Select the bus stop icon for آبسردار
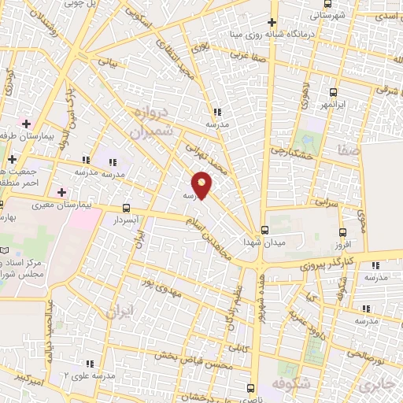126,209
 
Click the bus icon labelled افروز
342,232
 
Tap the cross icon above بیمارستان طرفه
27,124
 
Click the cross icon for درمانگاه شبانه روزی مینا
272,23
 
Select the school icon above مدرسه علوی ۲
89,364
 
